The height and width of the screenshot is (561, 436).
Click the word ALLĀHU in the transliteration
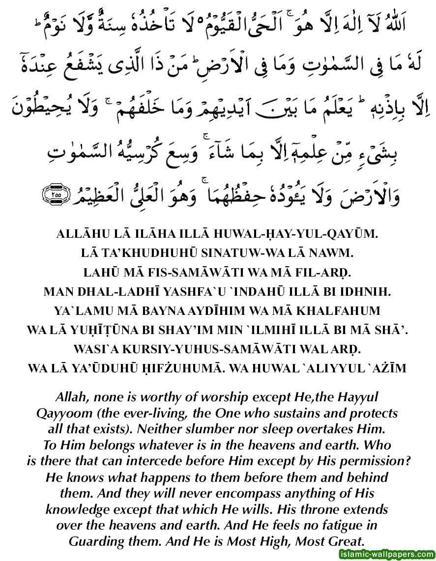(x=81, y=235)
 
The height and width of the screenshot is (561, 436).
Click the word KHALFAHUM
(x=348, y=311)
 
